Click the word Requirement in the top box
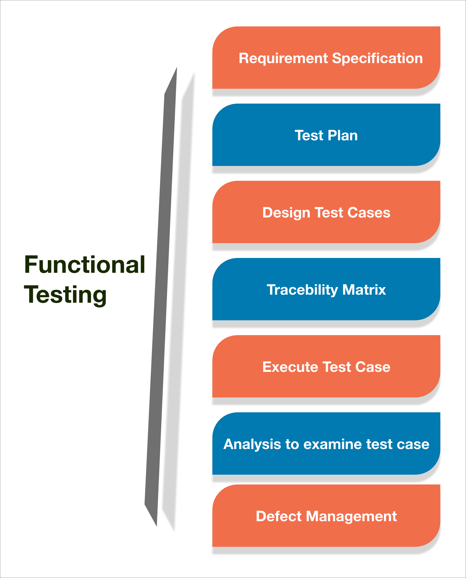pyautogui.click(x=283, y=59)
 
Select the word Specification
pyautogui.click(x=377, y=59)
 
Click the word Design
pyautogui.click(x=286, y=213)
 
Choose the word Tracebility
pyautogui.click(x=302, y=290)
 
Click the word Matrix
pyautogui.click(x=364, y=290)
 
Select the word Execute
pyautogui.click(x=290, y=367)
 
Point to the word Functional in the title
pyautogui.click(x=85, y=265)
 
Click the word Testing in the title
pyautogui.click(x=65, y=295)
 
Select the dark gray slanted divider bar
pyautogui.click(x=161, y=295)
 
